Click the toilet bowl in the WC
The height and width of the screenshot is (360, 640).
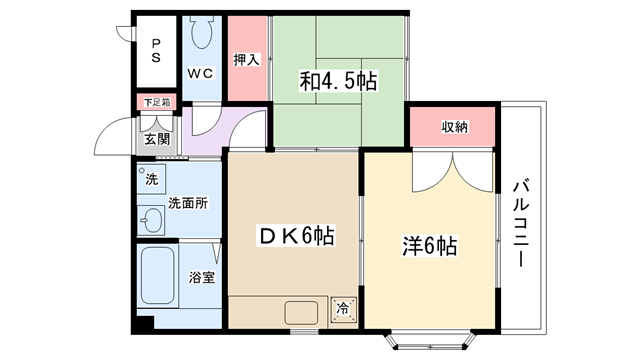click(x=201, y=32)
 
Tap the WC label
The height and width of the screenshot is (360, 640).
click(x=200, y=73)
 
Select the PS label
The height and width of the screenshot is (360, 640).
click(x=156, y=51)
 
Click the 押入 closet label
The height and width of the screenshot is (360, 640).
click(x=247, y=60)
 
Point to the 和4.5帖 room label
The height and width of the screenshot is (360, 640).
click(x=338, y=81)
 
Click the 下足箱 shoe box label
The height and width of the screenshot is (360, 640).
click(x=157, y=102)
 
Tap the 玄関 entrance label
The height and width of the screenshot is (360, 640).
click(x=157, y=139)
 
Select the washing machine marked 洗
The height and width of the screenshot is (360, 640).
click(x=151, y=179)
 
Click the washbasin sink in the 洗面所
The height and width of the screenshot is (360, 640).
click(x=151, y=220)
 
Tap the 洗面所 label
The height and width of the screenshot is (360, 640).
click(x=188, y=203)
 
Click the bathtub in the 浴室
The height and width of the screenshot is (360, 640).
click(x=158, y=275)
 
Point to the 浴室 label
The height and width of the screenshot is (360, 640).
click(x=202, y=277)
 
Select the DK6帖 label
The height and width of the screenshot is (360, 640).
click(x=297, y=236)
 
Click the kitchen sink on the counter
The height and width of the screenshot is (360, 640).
click(x=301, y=313)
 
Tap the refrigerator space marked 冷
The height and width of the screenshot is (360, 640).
click(x=343, y=308)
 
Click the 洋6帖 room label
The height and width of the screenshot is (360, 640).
click(x=429, y=246)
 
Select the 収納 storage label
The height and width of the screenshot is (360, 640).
click(x=454, y=127)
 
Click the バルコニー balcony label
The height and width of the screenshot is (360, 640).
click(x=521, y=223)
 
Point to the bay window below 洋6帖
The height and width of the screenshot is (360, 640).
click(x=430, y=340)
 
